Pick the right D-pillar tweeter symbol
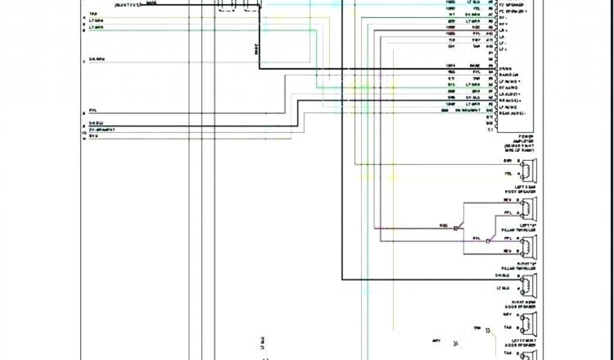tap(529, 246)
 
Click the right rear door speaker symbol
tap(529, 285)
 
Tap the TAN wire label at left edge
tap(93, 14)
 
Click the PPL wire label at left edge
tap(92, 110)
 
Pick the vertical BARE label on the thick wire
tap(257, 53)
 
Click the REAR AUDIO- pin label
tap(513, 113)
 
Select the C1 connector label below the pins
tap(490, 130)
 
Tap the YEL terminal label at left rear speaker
tap(508, 173)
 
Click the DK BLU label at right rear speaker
tap(502, 275)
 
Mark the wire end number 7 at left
tap(84, 62)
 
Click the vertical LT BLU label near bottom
tap(262, 343)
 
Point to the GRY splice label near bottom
tap(436, 341)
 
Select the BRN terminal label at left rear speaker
tap(508, 161)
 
